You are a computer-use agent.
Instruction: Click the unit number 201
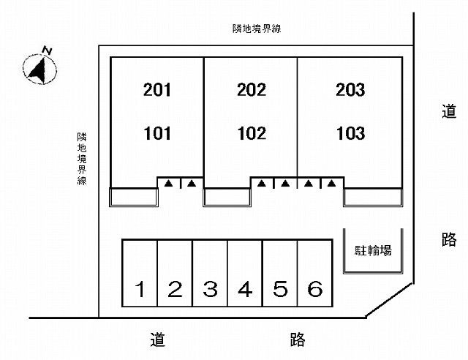157,91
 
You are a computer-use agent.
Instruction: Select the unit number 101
157,134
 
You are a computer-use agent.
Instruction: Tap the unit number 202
252,91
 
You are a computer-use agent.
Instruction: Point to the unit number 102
252,134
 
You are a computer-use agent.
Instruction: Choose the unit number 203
350,91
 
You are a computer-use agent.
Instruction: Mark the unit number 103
350,134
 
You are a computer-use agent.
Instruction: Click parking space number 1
140,290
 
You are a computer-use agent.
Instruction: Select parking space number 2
175,290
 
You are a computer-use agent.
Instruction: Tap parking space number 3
210,290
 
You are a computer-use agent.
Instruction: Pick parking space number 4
245,290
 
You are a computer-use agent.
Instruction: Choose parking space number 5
280,290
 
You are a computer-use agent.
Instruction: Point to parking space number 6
315,290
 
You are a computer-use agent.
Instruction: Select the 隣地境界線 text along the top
257,29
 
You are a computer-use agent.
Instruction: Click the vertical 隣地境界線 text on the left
82,158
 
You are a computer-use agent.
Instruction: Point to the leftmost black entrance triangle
168,183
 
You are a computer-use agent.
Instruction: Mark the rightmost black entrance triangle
332,183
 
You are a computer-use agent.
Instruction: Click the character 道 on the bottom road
157,340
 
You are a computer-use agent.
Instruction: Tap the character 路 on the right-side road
449,239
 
